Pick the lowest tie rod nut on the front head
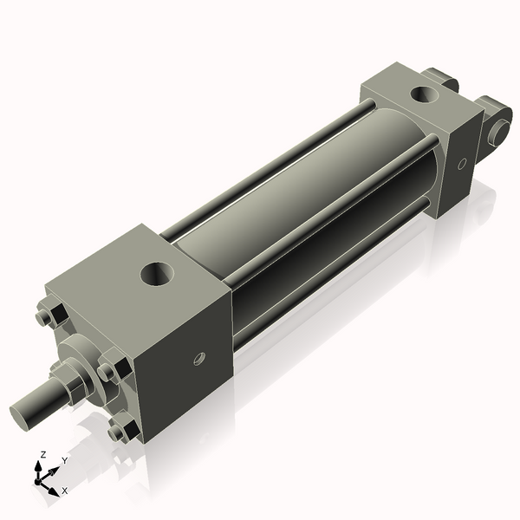click(x=122, y=429)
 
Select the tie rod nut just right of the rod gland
click(x=111, y=372)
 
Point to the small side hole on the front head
click(x=198, y=357)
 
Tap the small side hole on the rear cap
click(x=462, y=162)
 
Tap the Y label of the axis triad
click(x=65, y=461)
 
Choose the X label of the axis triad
click(x=65, y=491)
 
